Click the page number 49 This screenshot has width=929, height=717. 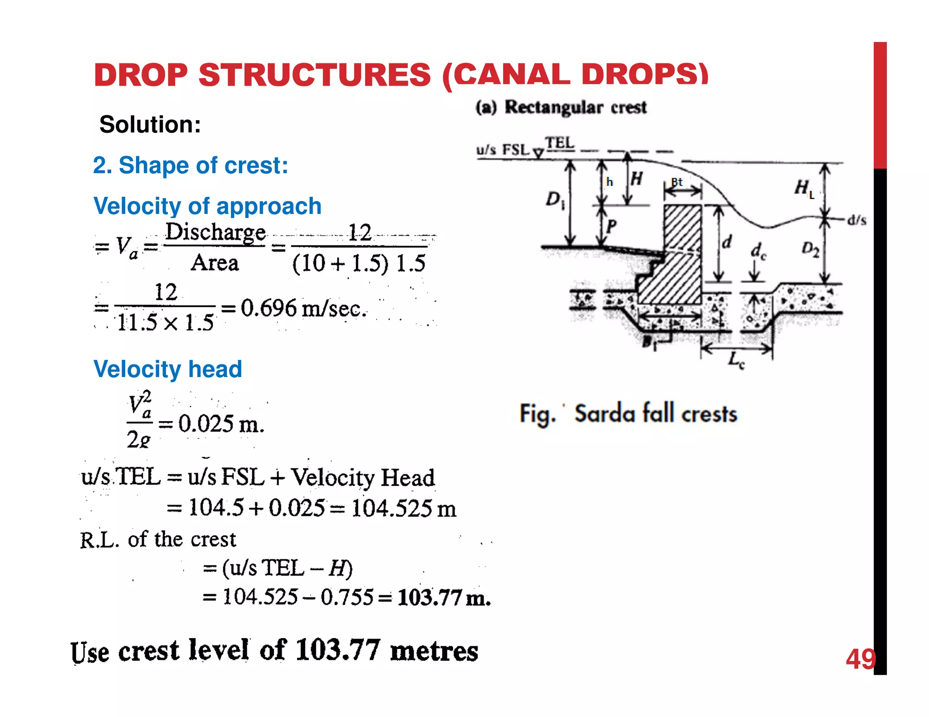860,659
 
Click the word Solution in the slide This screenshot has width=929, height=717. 150,124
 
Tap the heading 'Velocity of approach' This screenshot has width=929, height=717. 207,206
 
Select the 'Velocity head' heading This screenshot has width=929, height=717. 167,369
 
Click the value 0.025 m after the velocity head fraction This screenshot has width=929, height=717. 221,424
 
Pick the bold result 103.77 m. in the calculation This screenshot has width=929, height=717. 444,597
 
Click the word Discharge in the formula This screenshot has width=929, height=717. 215,232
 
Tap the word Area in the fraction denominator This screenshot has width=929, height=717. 215,263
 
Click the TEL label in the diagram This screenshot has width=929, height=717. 559,143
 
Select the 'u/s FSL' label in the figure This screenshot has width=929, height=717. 503,150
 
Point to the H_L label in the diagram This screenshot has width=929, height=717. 804,188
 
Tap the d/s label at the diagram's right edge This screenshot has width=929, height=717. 856,220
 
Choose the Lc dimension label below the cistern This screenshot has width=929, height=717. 736,361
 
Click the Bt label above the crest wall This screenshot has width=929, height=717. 677,182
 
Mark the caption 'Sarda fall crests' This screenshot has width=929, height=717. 655,413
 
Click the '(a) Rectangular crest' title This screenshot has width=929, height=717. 561,107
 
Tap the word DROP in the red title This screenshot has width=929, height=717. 141,75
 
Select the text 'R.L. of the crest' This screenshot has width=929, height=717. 158,540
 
